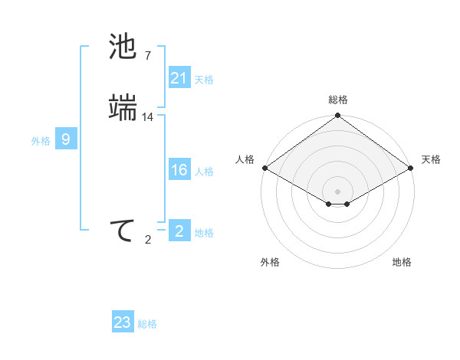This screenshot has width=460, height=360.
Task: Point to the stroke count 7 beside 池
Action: click(148, 55)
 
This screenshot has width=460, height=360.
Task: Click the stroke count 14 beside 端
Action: click(148, 116)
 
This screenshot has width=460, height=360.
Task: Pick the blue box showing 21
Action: click(179, 78)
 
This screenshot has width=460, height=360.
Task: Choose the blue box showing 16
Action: click(179, 170)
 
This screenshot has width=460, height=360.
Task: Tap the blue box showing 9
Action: click(66, 139)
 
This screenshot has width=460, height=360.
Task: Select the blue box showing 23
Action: click(123, 322)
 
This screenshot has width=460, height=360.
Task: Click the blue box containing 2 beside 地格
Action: click(179, 231)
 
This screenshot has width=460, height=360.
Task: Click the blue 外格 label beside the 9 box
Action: click(41, 141)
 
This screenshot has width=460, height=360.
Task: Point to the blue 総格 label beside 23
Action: click(147, 324)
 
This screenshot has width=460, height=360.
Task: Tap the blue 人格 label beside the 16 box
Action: click(204, 172)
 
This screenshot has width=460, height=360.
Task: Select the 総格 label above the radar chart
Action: click(337, 100)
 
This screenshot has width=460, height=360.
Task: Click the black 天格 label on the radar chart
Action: click(431, 159)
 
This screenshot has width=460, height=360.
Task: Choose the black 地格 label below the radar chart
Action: click(402, 262)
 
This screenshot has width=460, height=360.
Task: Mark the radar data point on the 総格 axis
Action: click(337, 116)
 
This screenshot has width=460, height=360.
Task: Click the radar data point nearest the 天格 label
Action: click(412, 168)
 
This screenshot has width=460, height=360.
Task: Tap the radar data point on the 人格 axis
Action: click(264, 168)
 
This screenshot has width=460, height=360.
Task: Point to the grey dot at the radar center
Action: click(337, 191)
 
